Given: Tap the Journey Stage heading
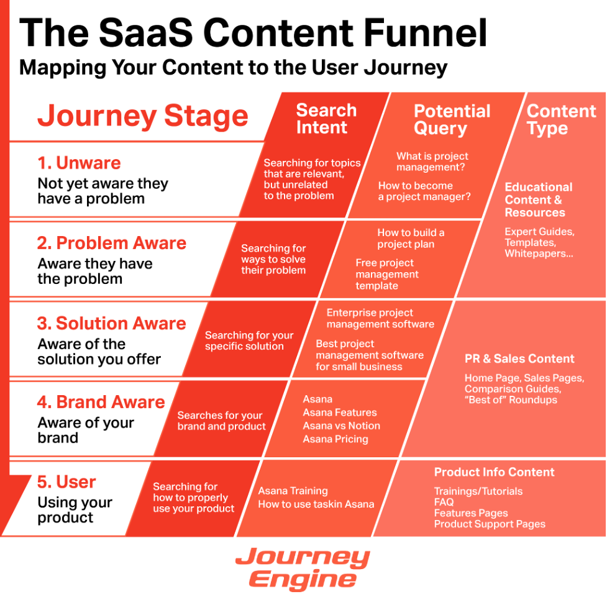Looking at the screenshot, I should click(143, 116).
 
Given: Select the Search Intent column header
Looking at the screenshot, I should click(326, 119).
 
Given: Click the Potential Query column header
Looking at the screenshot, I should click(452, 120).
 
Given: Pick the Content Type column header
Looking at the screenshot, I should click(561, 120).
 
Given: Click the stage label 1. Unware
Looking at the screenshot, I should click(79, 163).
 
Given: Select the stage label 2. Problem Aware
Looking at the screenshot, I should click(112, 243).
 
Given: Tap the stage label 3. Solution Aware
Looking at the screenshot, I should click(112, 323).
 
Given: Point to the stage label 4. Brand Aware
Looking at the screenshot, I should click(101, 402).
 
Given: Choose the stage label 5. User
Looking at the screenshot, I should click(66, 481).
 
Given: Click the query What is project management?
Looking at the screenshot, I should click(432, 162).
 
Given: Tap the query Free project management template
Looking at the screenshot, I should click(387, 274).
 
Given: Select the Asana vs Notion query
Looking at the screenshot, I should click(341, 426).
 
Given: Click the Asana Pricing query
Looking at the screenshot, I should click(335, 439).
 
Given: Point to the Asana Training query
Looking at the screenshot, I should click(293, 491).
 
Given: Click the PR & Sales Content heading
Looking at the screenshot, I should click(519, 358).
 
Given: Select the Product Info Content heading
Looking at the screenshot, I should click(494, 472).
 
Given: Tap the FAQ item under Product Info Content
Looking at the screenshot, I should click(444, 502).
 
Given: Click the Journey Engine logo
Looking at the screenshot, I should click(303, 568).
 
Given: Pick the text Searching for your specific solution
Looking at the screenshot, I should click(249, 340).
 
